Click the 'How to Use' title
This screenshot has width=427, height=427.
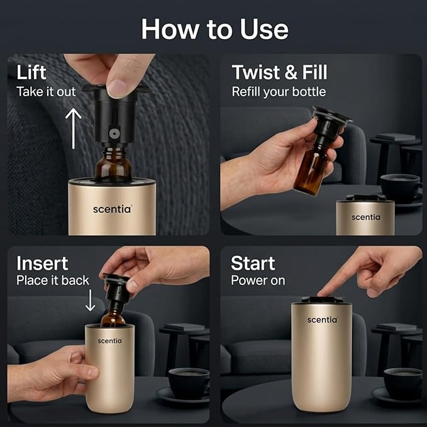click(214, 29)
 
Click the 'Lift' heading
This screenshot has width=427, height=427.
click(31, 72)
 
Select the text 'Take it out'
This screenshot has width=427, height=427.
click(46, 92)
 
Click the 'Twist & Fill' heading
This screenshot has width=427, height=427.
click(279, 72)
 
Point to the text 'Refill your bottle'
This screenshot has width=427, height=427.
click(279, 92)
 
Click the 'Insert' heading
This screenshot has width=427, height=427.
click(42, 262)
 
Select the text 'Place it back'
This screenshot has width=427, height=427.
click(53, 280)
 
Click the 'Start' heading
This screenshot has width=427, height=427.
click(253, 262)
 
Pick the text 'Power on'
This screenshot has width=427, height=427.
click(258, 280)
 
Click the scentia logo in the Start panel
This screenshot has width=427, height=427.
click(322, 319)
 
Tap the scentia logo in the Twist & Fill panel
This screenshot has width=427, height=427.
click(366, 217)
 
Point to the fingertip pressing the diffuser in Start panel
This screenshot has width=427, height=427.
click(324, 291)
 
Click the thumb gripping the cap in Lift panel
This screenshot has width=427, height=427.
click(118, 86)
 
